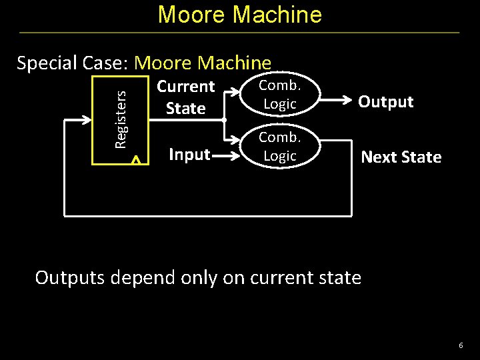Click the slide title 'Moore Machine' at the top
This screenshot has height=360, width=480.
[x=239, y=14]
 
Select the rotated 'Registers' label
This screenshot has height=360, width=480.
[x=121, y=119]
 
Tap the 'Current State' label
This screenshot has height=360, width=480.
[x=185, y=97]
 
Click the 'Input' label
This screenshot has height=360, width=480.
[x=189, y=155]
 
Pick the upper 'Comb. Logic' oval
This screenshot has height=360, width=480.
[x=279, y=95]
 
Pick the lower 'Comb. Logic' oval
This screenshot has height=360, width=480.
[x=279, y=147]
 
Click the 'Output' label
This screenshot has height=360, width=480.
[x=385, y=102]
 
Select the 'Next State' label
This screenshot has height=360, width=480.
[x=401, y=157]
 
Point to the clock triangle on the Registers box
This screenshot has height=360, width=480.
[x=135, y=160]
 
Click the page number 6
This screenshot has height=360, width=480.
[x=460, y=345]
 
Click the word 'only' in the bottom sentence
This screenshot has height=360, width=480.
[x=193, y=278]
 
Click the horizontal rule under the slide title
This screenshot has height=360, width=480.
[x=239, y=33]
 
